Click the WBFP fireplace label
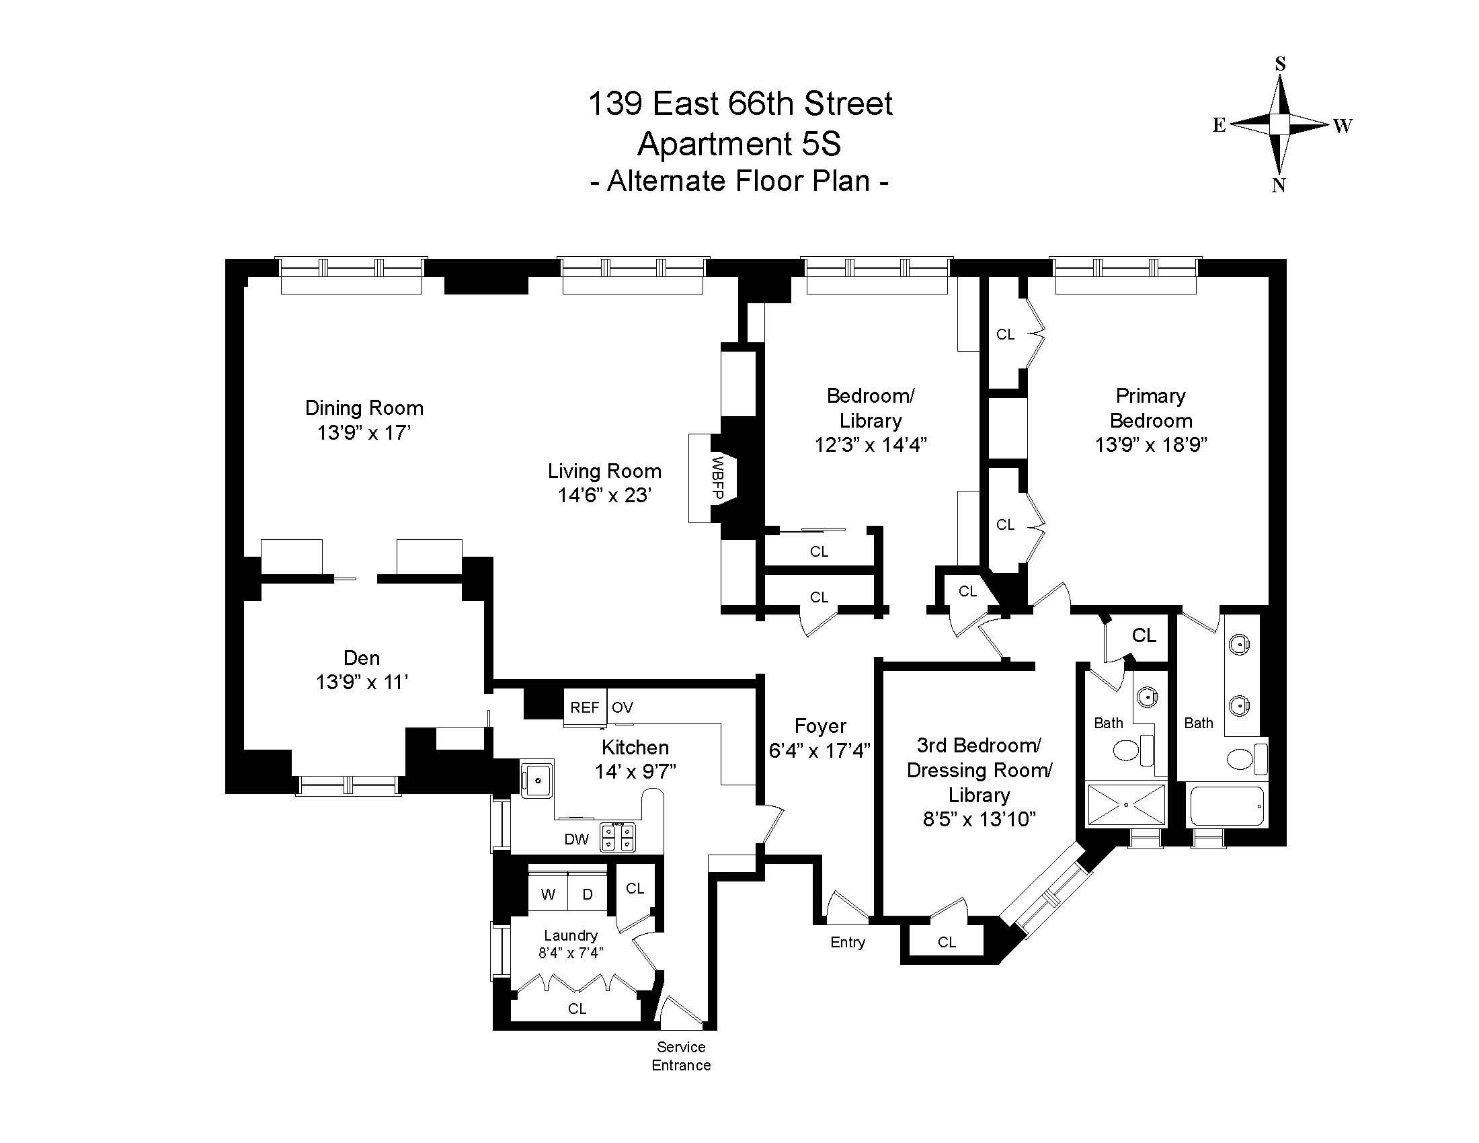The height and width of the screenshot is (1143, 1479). (x=719, y=478)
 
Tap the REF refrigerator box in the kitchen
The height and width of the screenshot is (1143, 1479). (x=585, y=707)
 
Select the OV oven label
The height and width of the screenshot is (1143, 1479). (x=623, y=707)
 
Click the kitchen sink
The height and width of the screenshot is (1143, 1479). (x=537, y=779)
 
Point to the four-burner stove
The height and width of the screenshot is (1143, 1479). (x=618, y=836)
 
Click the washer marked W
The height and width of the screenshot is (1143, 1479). (x=548, y=894)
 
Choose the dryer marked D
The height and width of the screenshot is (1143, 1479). (x=588, y=894)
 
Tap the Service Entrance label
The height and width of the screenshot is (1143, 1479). (x=681, y=1056)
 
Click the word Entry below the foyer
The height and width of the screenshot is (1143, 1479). (x=848, y=943)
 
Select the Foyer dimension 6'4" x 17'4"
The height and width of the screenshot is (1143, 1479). (x=820, y=750)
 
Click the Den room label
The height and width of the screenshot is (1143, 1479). (x=362, y=658)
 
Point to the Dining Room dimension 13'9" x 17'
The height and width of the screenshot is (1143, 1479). (x=364, y=432)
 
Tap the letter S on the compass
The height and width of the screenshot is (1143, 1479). (x=1280, y=64)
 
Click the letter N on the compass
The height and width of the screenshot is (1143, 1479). (x=1279, y=186)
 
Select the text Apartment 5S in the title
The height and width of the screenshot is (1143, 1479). (x=739, y=144)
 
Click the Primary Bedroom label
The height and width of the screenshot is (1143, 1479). (x=1151, y=407)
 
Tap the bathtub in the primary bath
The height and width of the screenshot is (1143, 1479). (x=1227, y=805)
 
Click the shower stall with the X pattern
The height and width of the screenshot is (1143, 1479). (x=1126, y=804)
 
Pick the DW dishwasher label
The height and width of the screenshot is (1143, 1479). (x=576, y=840)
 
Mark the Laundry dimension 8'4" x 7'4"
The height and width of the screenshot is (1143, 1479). (x=571, y=953)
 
